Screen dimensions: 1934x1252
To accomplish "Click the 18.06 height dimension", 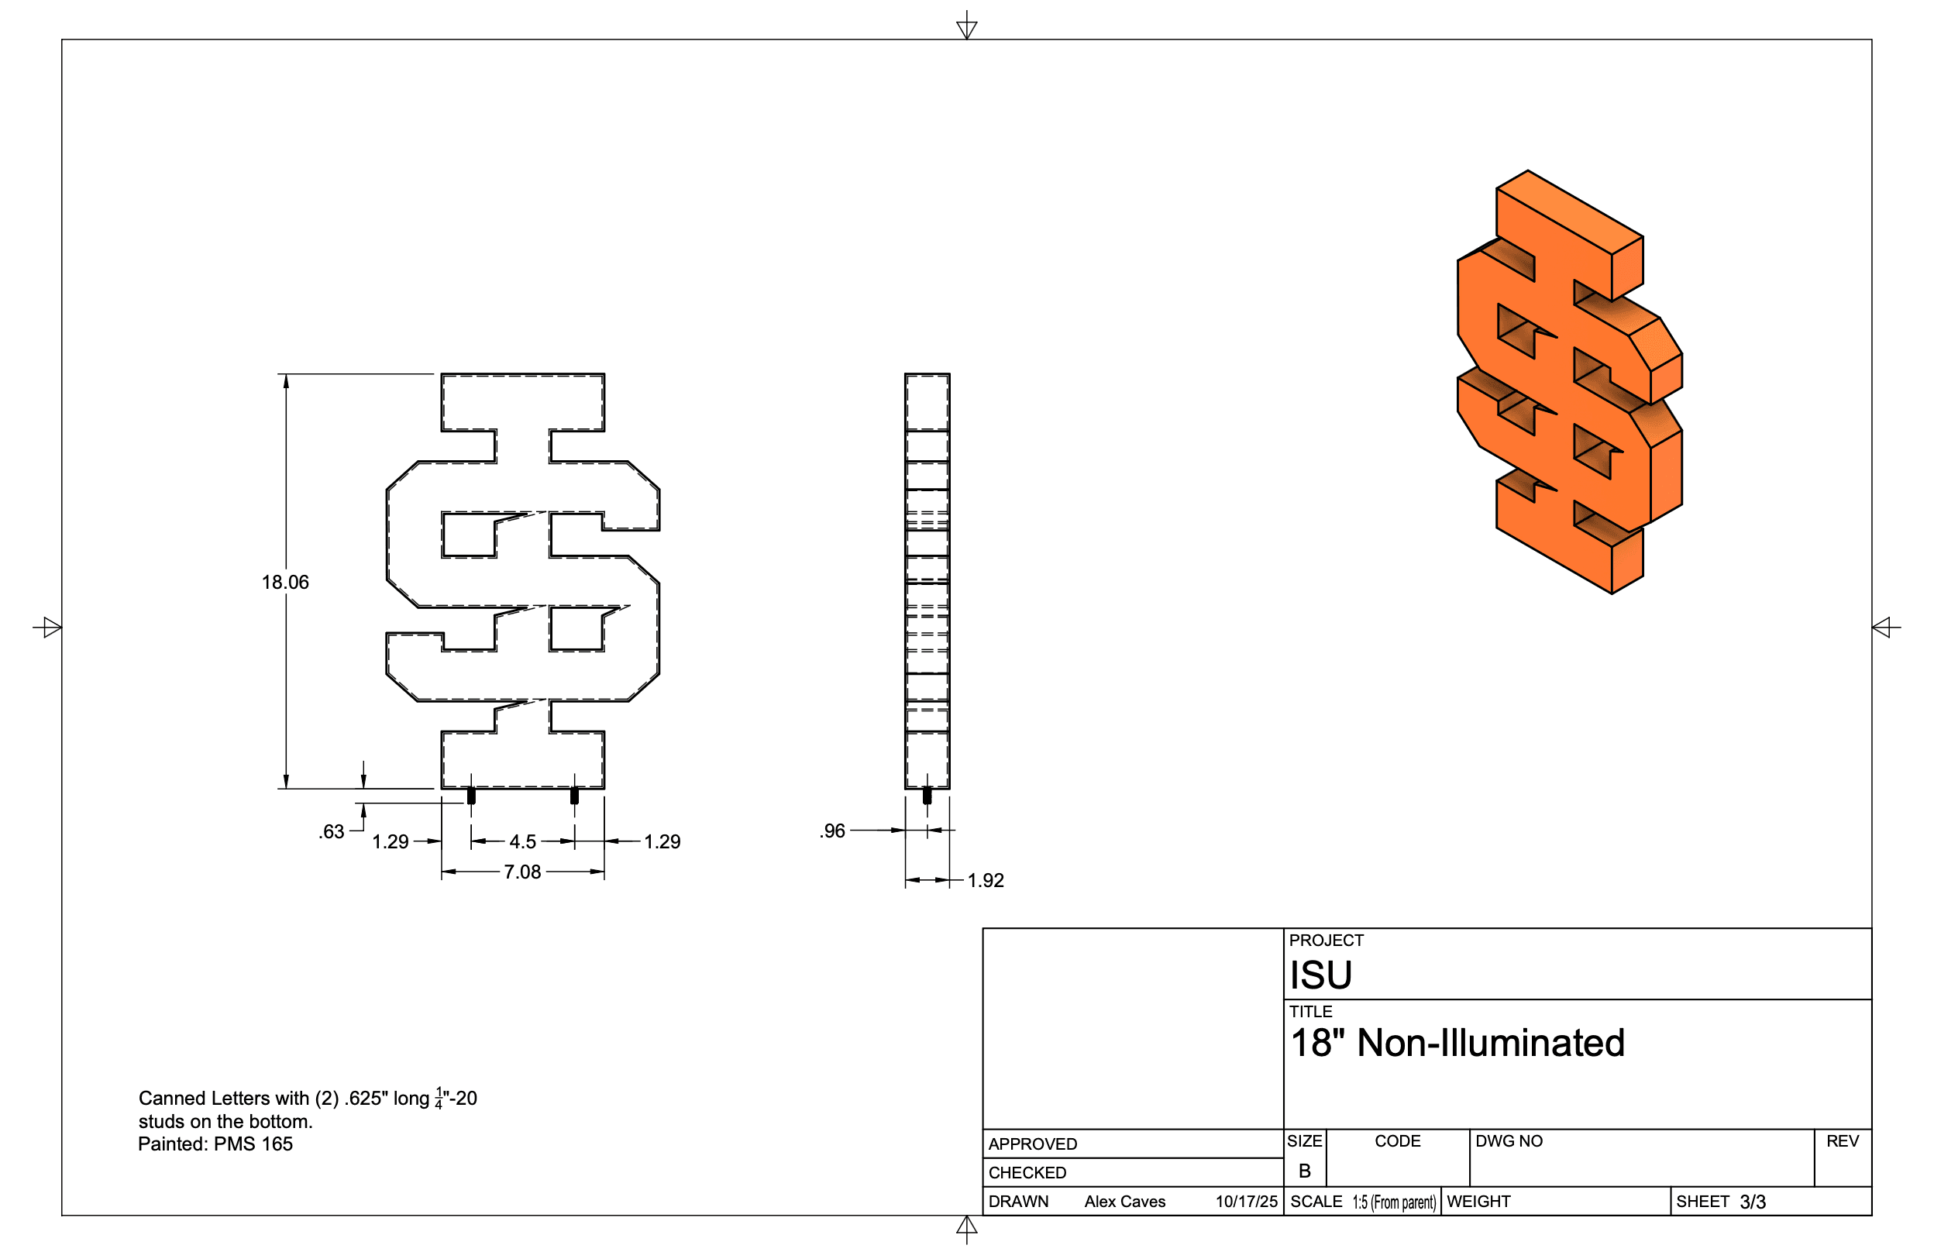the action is (285, 582).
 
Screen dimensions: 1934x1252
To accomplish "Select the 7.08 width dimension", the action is (521, 872).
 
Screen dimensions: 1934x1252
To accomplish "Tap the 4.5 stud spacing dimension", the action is (522, 841).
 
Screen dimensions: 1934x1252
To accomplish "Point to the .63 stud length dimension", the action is (332, 831).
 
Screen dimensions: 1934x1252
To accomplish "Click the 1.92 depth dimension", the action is (986, 880).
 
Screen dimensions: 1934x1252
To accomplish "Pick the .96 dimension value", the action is (832, 831).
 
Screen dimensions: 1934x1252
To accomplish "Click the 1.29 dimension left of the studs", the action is (390, 841).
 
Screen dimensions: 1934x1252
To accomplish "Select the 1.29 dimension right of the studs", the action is (662, 841).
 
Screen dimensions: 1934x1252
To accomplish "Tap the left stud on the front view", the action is (471, 796).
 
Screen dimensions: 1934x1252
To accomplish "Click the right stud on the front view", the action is (574, 796).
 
